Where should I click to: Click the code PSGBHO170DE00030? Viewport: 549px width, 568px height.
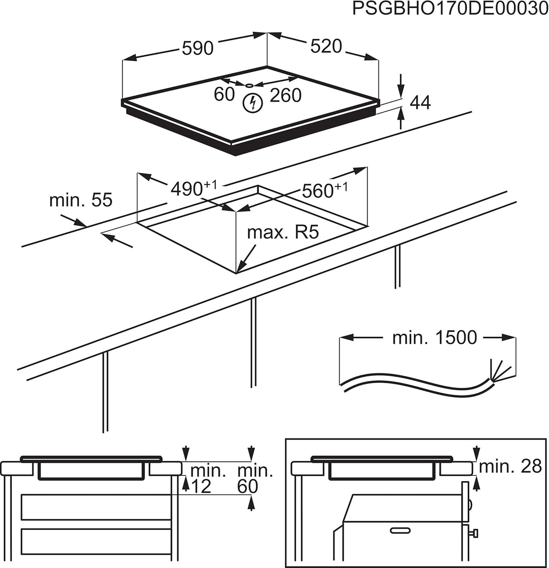[x=450, y=9]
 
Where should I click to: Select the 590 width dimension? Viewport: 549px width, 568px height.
[x=197, y=48]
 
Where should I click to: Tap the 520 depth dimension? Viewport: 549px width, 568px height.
[x=326, y=46]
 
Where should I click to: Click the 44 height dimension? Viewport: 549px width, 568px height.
[x=420, y=103]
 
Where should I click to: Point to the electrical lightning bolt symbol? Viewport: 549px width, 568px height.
[x=252, y=103]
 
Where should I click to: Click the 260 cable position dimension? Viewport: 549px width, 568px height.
[x=285, y=95]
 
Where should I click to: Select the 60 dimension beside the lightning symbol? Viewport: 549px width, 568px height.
[x=224, y=94]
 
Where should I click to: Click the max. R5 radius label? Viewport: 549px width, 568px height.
[x=283, y=232]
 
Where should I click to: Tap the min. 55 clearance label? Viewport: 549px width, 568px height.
[x=80, y=200]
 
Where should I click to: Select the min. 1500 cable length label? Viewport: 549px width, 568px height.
[x=434, y=338]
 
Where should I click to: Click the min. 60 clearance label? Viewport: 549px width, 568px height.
[x=255, y=479]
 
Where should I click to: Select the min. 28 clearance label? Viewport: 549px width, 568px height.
[x=510, y=466]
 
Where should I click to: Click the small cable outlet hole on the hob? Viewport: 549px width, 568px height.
[x=249, y=85]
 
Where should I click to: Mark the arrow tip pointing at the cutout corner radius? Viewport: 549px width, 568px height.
[x=238, y=270]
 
